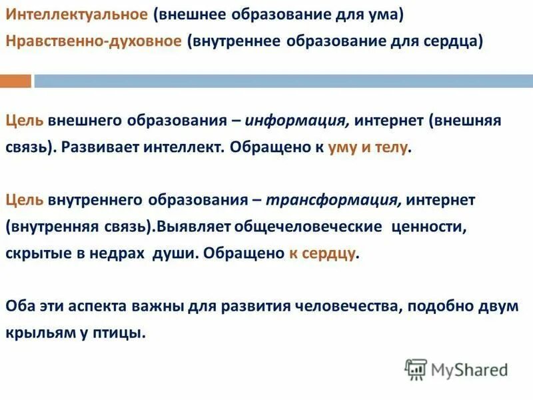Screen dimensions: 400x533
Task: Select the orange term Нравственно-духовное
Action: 93,41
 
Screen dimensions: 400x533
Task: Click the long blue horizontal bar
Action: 282,81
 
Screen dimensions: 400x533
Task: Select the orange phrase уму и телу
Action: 367,147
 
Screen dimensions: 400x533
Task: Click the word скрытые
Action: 34,253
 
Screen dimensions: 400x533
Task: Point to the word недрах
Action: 121,253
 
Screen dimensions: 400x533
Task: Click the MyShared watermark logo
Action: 456,369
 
